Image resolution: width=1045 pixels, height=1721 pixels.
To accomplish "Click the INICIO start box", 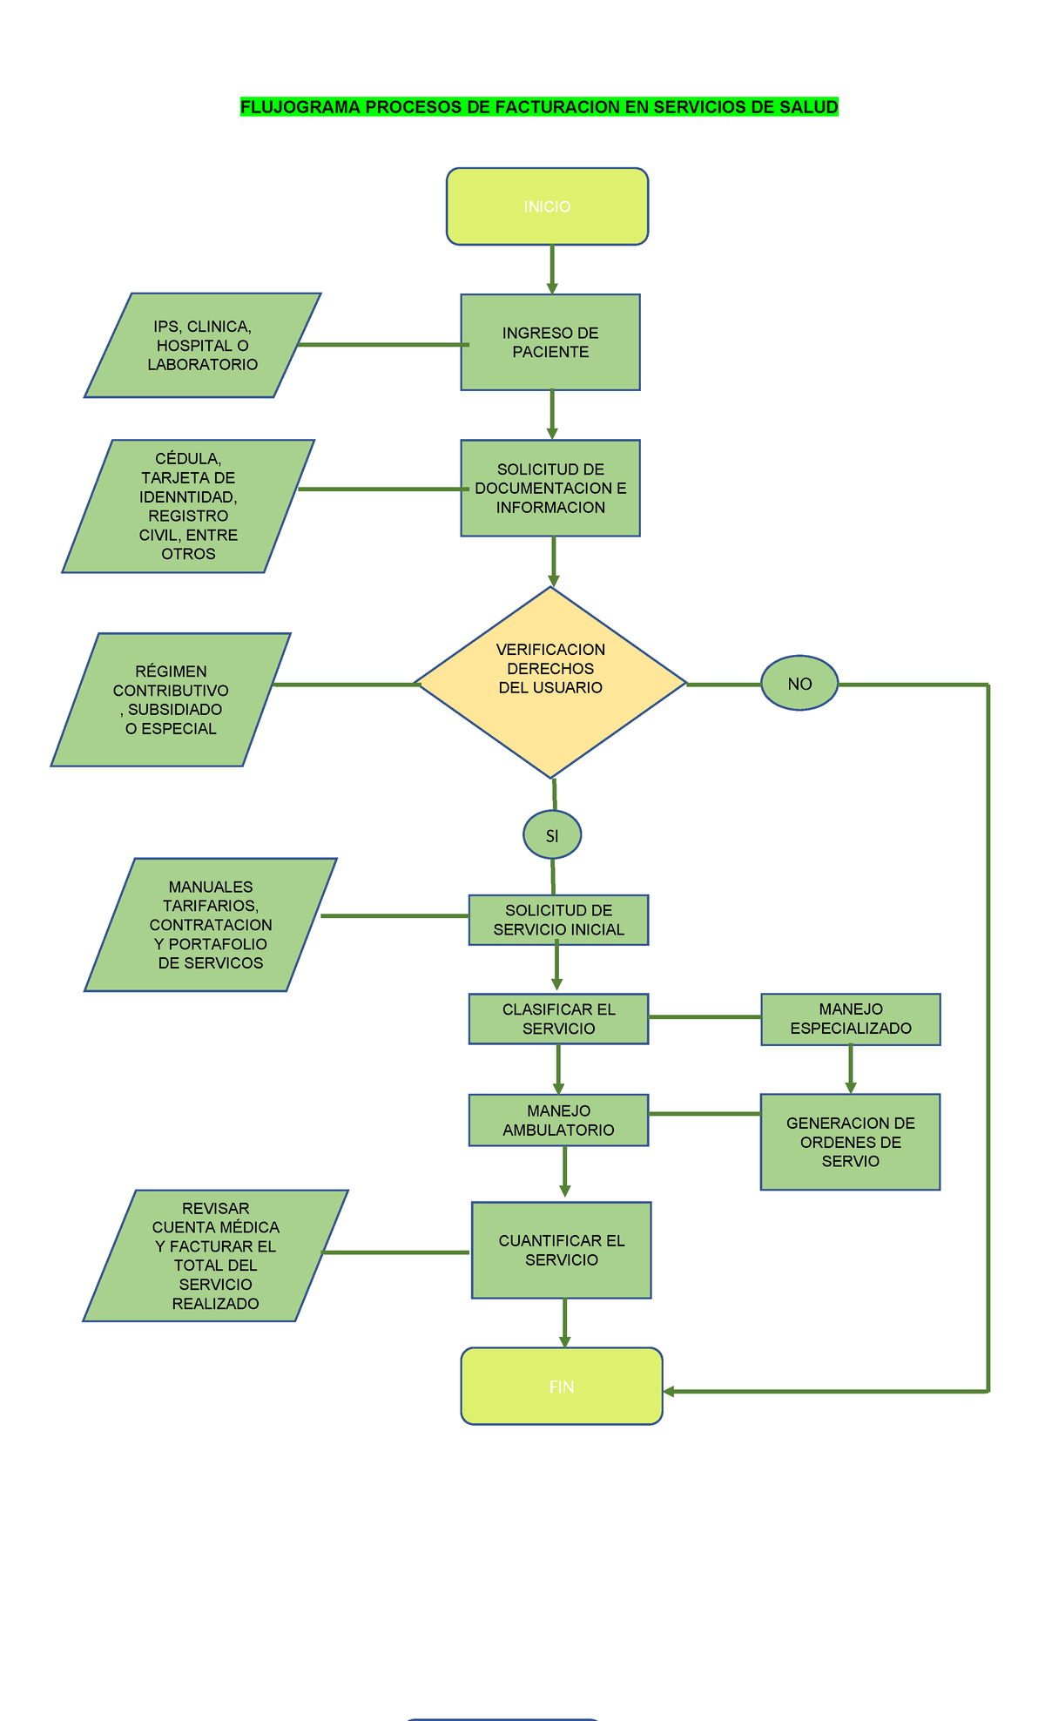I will pos(547,206).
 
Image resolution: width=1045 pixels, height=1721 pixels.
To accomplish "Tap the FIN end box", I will pos(562,1387).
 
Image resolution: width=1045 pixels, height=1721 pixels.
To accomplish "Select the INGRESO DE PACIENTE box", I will pos(550,342).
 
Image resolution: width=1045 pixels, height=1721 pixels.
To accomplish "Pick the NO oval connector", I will pos(799,684).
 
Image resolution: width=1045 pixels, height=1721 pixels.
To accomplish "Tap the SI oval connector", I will pos(552,835).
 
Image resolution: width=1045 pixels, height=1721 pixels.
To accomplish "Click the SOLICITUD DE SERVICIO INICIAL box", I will pos(558,920).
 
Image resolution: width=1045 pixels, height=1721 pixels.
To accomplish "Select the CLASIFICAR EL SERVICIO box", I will pos(558,1018).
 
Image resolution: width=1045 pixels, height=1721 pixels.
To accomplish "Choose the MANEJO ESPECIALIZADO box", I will pos(851,1019).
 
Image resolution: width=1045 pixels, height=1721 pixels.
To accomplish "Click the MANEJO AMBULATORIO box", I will pos(558,1120).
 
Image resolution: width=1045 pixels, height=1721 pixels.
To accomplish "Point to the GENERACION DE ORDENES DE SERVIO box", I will pos(851,1142).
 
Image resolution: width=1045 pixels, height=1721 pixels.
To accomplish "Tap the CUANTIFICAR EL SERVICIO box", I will pos(562,1250).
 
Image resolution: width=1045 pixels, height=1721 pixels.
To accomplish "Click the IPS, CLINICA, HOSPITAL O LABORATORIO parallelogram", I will pos(203,345).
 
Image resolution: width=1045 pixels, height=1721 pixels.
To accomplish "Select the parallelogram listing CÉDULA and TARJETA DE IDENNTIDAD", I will pos(188,506).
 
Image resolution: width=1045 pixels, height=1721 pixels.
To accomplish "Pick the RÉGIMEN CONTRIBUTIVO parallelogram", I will pos(171,699).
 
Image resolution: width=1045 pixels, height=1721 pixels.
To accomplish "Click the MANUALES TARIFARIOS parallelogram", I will pos(211,924).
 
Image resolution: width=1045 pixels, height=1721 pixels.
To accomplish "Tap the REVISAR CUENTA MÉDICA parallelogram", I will pos(215,1255).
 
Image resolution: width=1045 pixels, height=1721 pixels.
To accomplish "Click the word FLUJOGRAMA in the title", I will pos(300,107).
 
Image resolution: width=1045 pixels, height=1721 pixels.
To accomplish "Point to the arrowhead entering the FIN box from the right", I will pos(670,1392).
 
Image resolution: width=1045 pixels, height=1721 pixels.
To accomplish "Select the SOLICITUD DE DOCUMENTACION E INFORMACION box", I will pos(550,488).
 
